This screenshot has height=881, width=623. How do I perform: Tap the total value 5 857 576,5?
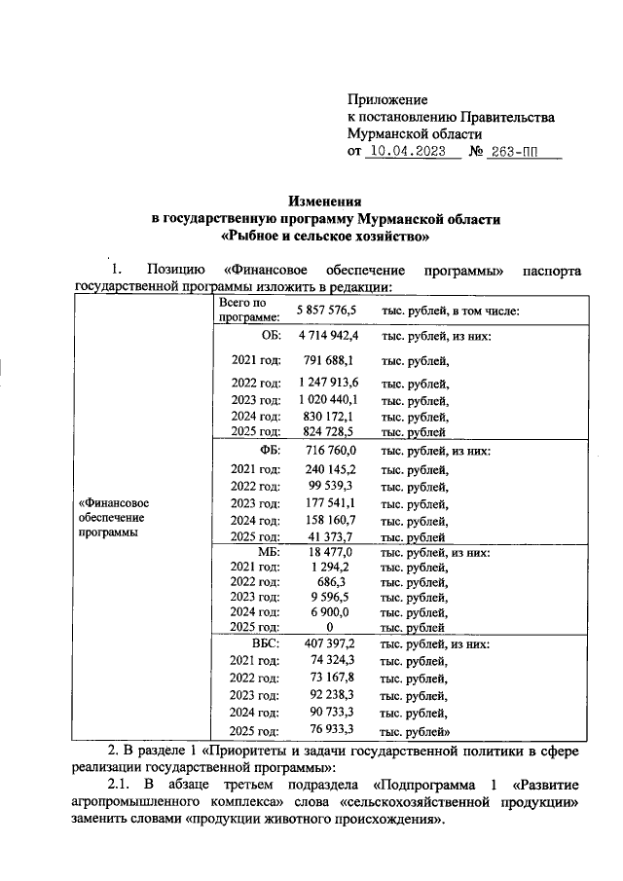[327, 311]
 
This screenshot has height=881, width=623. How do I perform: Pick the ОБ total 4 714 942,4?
[327, 336]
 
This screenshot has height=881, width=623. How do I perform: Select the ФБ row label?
[269, 452]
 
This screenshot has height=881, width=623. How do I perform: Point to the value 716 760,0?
[331, 452]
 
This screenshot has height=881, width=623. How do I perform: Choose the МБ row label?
[268, 552]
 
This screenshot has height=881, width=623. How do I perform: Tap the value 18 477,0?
[331, 552]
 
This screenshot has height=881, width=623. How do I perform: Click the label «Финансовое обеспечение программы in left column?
[113, 518]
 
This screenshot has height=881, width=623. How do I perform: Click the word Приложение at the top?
[387, 100]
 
